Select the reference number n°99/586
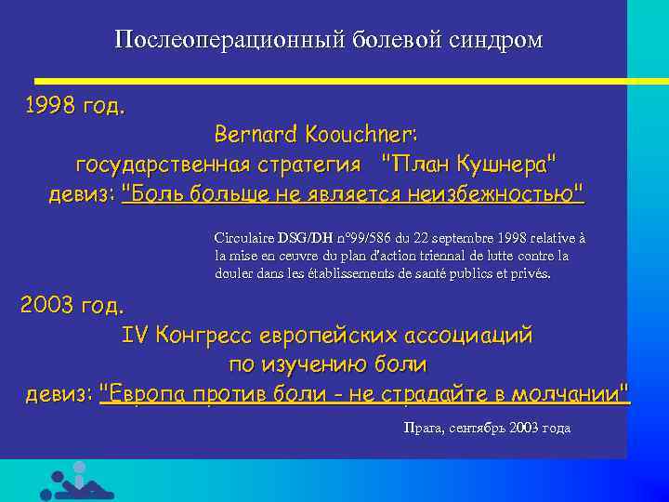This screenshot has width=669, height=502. point(347,238)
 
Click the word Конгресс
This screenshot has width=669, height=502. point(204,335)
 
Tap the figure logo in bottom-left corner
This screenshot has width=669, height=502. point(77,482)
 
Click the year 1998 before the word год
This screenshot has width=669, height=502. point(50,105)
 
